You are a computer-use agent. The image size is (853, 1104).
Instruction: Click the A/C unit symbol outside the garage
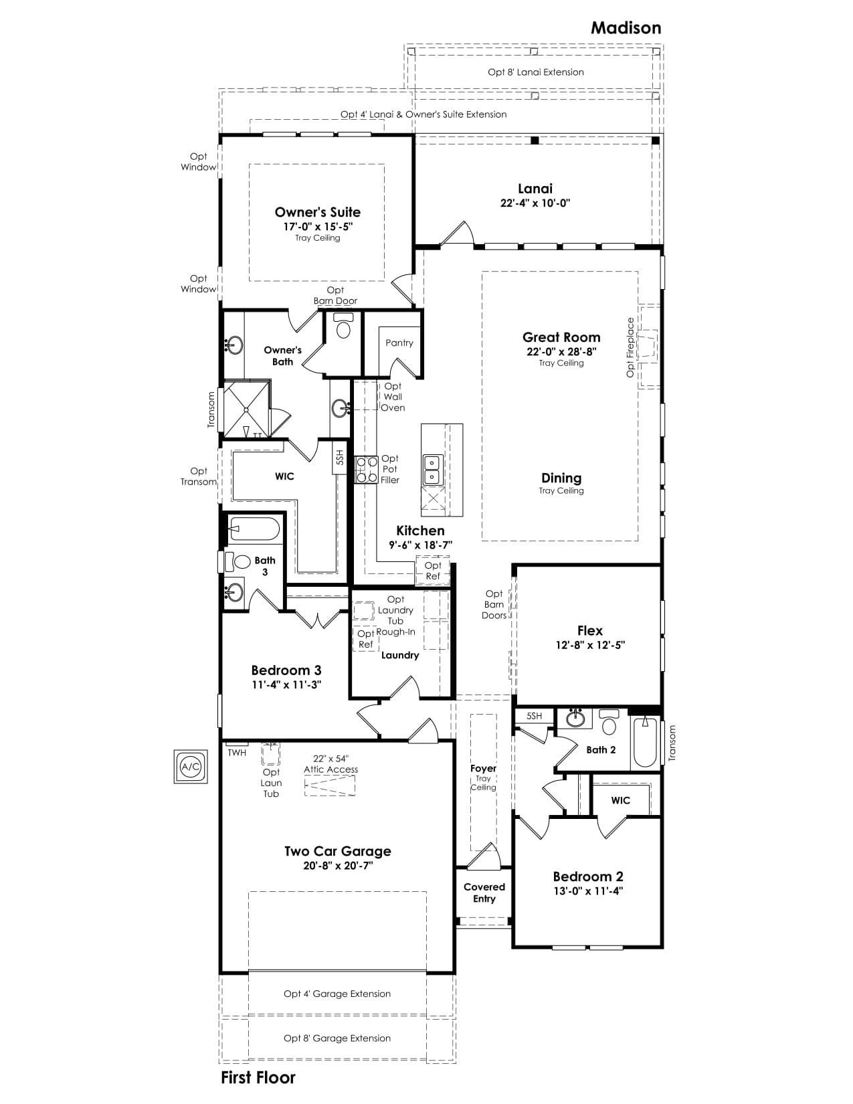click(191, 766)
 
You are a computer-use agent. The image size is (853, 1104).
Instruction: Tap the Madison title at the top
click(626, 28)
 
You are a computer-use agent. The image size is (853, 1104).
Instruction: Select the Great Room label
click(561, 337)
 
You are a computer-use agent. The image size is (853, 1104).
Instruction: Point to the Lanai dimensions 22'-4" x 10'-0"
click(535, 203)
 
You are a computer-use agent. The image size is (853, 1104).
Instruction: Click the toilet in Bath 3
click(238, 561)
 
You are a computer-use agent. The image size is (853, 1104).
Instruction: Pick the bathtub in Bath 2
click(645, 741)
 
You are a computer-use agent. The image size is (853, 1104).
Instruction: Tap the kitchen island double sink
click(432, 470)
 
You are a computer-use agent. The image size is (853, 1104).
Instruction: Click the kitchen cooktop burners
click(367, 470)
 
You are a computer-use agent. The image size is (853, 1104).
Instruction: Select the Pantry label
click(399, 343)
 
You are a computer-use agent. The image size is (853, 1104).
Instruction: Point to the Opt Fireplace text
click(630, 347)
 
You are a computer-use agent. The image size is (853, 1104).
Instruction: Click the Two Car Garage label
click(338, 851)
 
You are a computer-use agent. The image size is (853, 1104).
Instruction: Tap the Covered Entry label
click(484, 893)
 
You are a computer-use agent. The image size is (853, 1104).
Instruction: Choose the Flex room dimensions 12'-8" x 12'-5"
click(590, 645)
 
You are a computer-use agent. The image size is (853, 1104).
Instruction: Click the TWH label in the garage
click(237, 753)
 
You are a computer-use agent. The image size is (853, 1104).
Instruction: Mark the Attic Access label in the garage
click(330, 769)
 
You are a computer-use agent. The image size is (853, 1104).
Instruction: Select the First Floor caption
click(258, 1078)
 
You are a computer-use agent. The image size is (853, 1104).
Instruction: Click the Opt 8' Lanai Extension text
click(535, 72)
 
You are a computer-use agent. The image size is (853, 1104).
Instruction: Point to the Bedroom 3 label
click(286, 670)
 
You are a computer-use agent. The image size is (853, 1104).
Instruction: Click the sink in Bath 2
click(575, 719)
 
